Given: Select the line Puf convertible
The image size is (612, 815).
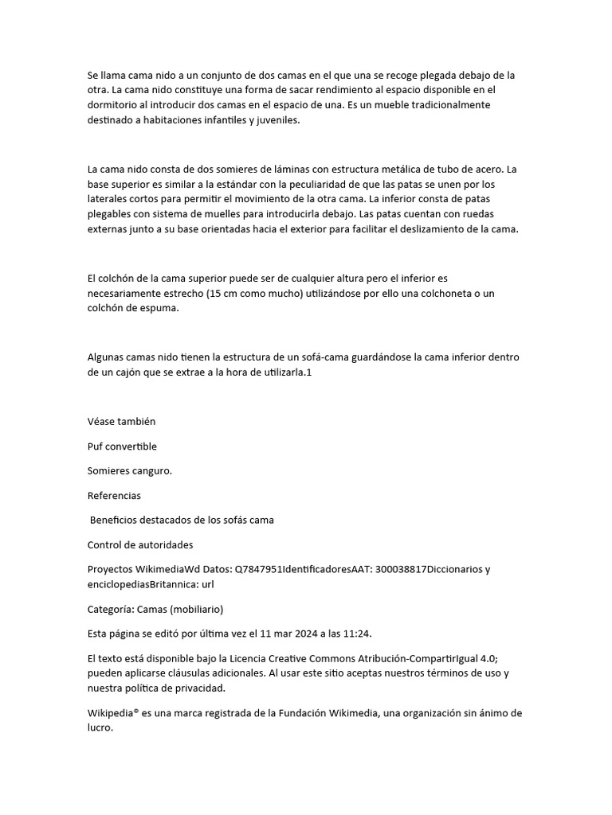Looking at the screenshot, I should [x=122, y=446].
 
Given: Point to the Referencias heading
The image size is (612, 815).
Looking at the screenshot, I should [x=114, y=495].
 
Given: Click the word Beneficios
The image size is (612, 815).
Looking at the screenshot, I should [x=117, y=520].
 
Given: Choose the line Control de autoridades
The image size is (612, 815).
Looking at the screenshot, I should [x=139, y=544].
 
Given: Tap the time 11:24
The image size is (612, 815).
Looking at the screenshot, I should [x=356, y=634].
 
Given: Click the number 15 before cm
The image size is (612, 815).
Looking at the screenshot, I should [x=214, y=294].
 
